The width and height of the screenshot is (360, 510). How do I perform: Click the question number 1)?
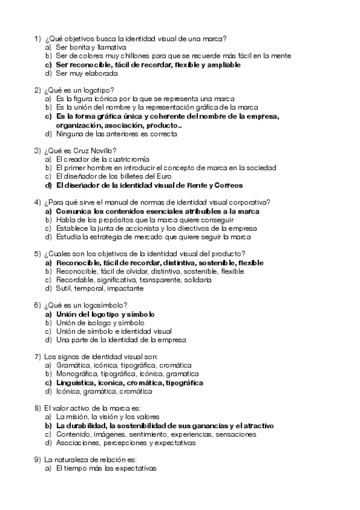click(37, 38)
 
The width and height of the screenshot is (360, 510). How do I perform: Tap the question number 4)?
click(37, 203)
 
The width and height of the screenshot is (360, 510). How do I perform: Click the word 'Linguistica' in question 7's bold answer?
click(76, 382)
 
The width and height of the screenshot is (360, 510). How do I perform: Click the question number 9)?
click(37, 459)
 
